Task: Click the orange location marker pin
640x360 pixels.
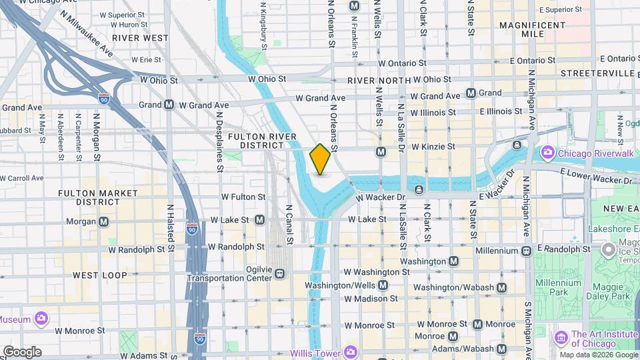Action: click(321, 159)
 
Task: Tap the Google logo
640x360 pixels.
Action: click(22, 352)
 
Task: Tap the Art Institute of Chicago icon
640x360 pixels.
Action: click(561, 338)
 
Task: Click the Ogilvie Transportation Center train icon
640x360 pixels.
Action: click(280, 273)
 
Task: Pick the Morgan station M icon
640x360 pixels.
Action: click(103, 221)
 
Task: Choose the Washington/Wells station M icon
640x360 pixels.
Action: click(383, 285)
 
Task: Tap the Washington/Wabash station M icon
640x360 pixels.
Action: click(501, 288)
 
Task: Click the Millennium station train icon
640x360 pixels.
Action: click(526, 251)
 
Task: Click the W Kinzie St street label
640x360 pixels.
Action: click(433, 146)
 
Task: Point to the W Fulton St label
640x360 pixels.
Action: click(243, 197)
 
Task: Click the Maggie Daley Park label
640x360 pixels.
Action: click(603, 296)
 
